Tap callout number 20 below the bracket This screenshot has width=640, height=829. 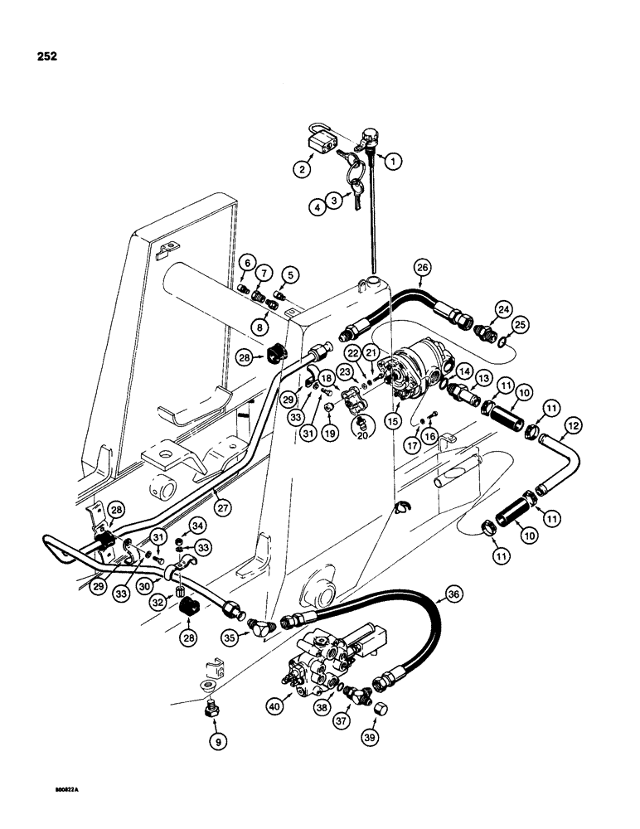click(361, 424)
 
